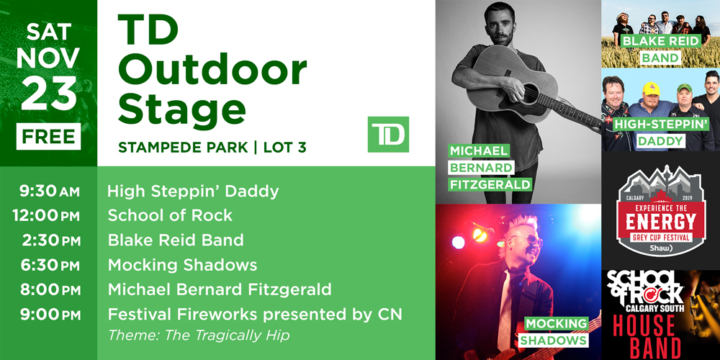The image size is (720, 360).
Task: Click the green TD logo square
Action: [x=388, y=135]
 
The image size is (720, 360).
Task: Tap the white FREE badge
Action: [x=49, y=136]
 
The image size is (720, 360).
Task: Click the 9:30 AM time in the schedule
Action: [x=50, y=192]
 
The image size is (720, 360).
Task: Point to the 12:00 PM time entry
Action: [x=46, y=216]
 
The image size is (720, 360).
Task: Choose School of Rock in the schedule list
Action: [x=170, y=215]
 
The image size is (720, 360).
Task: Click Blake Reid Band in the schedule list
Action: [x=176, y=240]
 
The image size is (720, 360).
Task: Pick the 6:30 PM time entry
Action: [x=50, y=266]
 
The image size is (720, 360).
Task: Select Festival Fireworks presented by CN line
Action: [x=255, y=315]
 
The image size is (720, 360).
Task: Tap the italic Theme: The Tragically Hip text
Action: [x=199, y=336]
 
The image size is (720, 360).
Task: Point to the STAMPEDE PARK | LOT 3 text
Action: [x=212, y=148]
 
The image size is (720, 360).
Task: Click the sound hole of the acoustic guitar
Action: [x=531, y=93]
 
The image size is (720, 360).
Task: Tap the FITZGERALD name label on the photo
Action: [x=490, y=184]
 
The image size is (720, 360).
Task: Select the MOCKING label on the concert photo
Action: [x=556, y=323]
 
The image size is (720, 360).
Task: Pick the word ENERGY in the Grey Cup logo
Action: [x=661, y=222]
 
